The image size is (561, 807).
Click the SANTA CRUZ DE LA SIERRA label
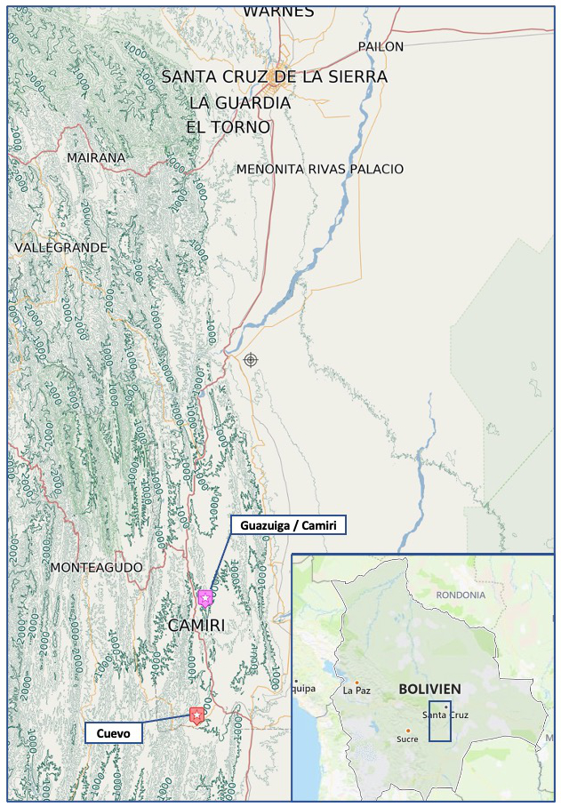pos(274,77)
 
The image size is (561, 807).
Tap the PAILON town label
pos(381,46)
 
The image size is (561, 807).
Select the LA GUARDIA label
pos(240,103)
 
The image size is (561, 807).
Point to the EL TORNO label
pos(228,127)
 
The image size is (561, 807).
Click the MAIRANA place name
pos(96,157)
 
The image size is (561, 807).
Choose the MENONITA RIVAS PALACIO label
pos(320,169)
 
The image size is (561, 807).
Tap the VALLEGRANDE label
pos(60,247)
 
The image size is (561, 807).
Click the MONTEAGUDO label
pos(96,567)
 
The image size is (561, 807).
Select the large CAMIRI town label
pos(196,626)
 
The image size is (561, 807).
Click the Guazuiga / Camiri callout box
pos(288,525)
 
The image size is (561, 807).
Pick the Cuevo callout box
pos(113,733)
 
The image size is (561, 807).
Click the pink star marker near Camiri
pos(205,597)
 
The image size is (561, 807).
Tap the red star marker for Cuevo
pos(196,715)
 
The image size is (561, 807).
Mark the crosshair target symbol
pos(251,359)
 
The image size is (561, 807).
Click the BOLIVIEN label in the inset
pos(429,689)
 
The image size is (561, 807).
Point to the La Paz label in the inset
pos(357,690)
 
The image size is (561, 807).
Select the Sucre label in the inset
pos(407,739)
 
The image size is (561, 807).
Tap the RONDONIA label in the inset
pos(461,595)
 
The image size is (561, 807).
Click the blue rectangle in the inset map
pos(439,721)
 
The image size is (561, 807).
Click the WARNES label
pos(278,12)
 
